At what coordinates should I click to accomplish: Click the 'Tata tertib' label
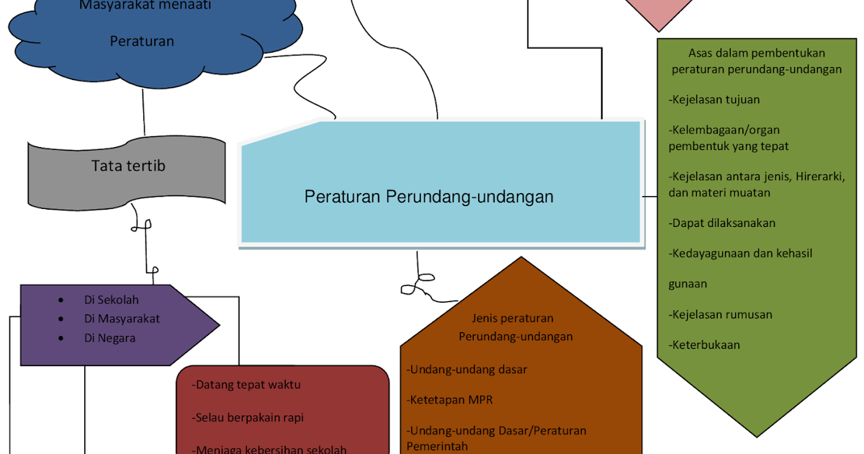128,166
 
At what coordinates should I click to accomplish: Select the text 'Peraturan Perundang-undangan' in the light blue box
429,196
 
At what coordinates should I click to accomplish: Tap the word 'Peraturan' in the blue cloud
142,41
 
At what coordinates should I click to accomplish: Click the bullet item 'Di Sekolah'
111,300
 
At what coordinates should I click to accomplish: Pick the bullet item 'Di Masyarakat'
122,319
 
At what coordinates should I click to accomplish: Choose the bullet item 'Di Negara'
109,337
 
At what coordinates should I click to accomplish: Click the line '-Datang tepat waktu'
246,385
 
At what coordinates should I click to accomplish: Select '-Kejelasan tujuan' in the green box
714,99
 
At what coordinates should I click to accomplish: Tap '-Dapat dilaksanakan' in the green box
722,223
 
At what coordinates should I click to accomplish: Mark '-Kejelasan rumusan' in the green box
720,314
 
